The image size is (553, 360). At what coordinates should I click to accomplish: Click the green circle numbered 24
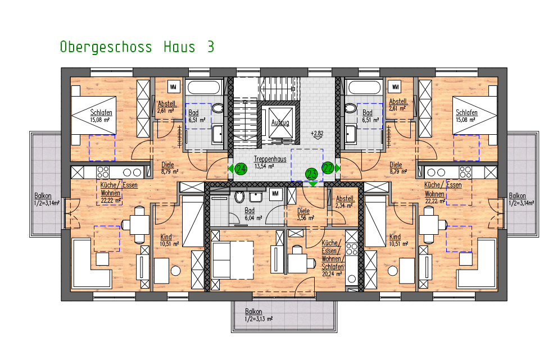coord(241,168)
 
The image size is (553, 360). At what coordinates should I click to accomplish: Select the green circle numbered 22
coord(328,167)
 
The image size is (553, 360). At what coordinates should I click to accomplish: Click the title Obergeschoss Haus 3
coord(137,47)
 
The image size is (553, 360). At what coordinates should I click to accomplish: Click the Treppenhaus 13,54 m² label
coord(270,162)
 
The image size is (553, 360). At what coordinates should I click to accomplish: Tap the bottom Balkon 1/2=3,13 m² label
coord(259,315)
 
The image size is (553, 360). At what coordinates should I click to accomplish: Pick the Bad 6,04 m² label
coord(250,214)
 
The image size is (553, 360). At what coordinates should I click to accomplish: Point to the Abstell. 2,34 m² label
coord(345,202)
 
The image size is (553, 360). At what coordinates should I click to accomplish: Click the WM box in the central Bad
coord(275,193)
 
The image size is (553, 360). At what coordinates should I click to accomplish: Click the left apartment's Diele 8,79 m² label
coord(168,168)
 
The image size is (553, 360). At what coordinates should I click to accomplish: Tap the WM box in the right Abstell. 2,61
coord(396,87)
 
